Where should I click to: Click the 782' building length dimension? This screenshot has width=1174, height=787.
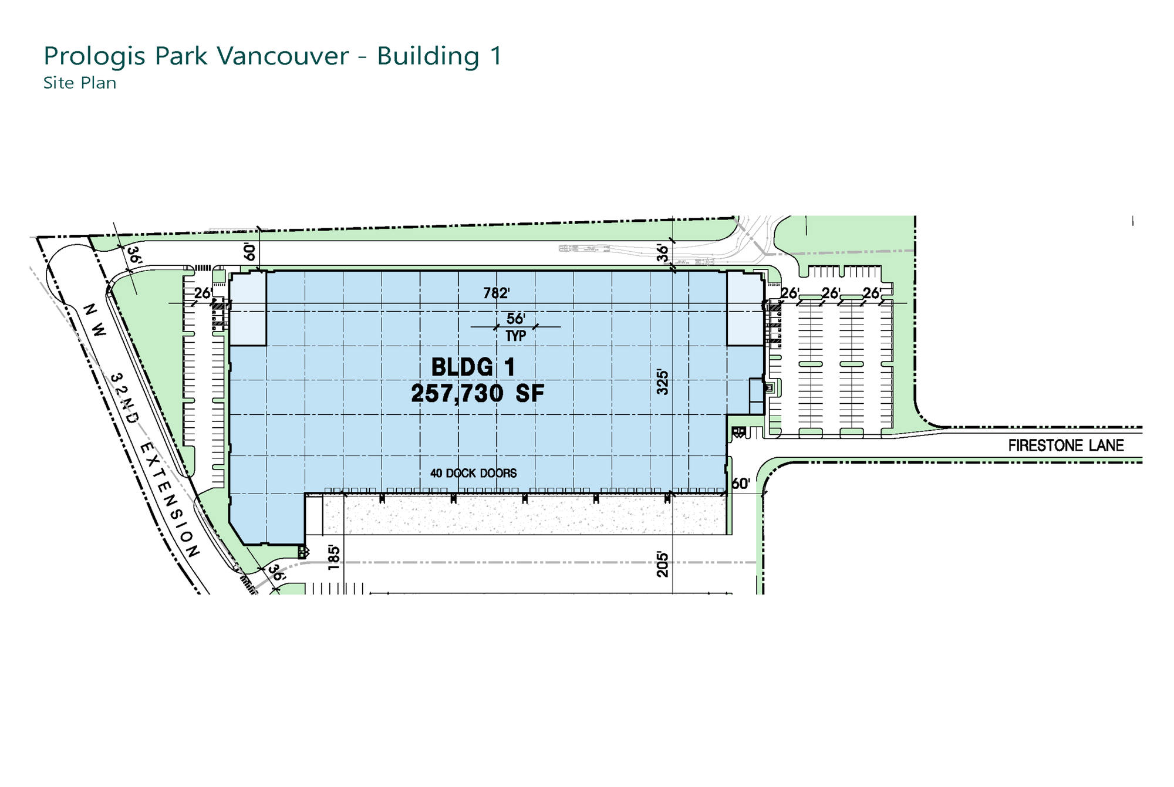(x=496, y=293)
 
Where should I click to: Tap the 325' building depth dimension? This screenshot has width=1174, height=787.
(x=663, y=382)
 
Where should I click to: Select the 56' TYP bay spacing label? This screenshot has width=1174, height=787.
(x=516, y=327)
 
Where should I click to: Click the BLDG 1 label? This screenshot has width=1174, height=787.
(x=473, y=367)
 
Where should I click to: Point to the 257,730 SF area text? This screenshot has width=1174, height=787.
(x=478, y=394)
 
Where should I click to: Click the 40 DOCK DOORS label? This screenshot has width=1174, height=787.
(x=474, y=473)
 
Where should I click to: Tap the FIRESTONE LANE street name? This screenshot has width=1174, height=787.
(x=1066, y=445)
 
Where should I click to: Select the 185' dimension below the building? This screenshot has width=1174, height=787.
(x=333, y=558)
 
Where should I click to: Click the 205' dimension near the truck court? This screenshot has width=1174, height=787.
(x=663, y=564)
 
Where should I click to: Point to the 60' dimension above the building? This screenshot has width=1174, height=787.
(x=250, y=252)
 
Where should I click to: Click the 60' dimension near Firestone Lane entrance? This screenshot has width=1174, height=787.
(x=741, y=484)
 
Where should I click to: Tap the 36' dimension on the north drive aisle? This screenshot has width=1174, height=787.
(x=663, y=253)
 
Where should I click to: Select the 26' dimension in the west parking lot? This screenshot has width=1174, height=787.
(x=203, y=293)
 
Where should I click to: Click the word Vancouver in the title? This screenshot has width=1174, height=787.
(x=283, y=56)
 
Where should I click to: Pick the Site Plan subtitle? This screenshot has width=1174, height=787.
(x=80, y=83)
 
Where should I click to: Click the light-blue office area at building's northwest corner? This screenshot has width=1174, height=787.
(x=248, y=309)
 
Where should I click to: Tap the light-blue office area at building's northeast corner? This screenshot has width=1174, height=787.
(x=745, y=309)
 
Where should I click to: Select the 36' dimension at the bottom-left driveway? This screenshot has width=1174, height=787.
(x=276, y=573)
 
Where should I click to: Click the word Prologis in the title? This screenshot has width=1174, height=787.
(x=95, y=57)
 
